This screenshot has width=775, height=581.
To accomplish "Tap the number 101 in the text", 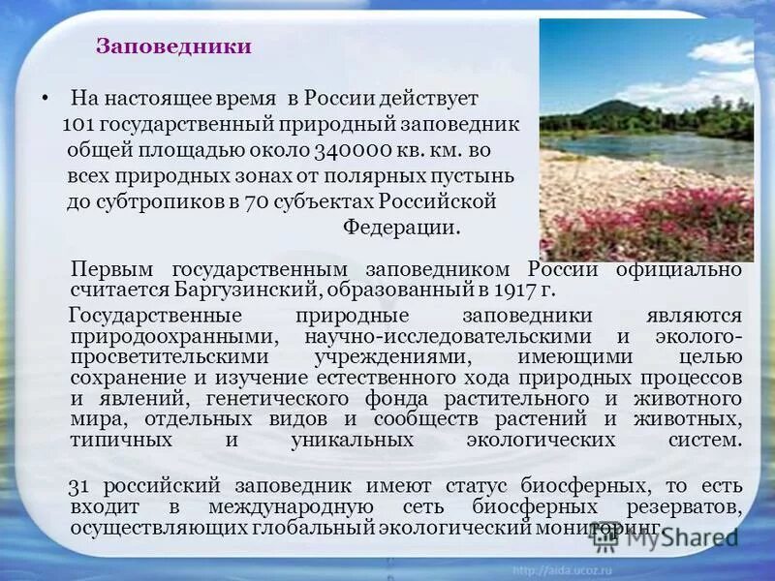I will coord(77,125).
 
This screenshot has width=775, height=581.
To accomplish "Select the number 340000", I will coord(353,151).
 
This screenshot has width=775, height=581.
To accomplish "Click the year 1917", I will coord(511,290).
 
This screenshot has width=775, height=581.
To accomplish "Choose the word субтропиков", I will coord(139,202).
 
